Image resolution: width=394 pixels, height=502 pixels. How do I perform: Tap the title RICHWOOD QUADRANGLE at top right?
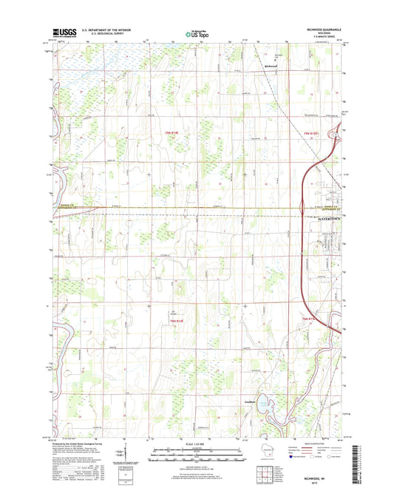click(319, 30)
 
